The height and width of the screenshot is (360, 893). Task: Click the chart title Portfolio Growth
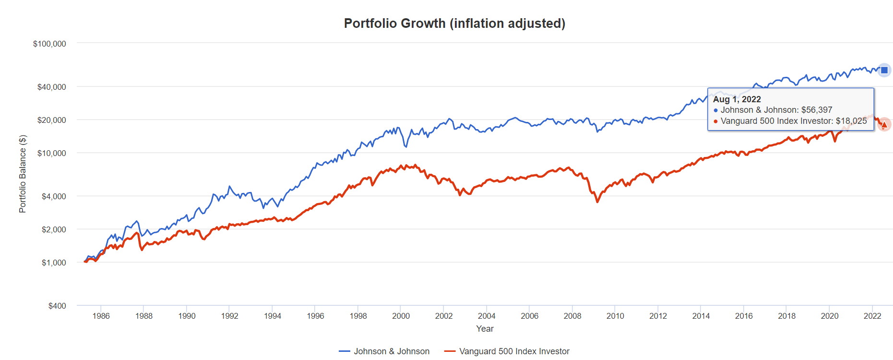(x=454, y=24)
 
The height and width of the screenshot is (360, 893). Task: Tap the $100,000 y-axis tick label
(x=49, y=44)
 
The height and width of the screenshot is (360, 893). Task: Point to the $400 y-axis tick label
(x=57, y=306)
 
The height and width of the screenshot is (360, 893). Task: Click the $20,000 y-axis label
(x=51, y=120)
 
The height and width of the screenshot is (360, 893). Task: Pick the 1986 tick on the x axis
(x=101, y=316)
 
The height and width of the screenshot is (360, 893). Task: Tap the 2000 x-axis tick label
(x=401, y=316)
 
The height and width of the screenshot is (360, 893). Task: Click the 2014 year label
(x=701, y=316)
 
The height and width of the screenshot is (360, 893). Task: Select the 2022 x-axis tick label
(x=872, y=316)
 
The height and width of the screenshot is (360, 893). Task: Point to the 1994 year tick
(x=272, y=316)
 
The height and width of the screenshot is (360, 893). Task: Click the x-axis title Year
(x=485, y=329)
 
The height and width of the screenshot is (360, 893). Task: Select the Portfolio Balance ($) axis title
(x=23, y=174)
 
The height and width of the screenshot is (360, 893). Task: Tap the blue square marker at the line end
(x=884, y=70)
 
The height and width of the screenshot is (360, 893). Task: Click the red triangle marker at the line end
(x=884, y=125)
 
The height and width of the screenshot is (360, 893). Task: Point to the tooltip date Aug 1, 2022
(x=737, y=99)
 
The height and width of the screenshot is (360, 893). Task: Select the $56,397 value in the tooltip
(x=817, y=110)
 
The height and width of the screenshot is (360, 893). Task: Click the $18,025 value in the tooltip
(x=851, y=121)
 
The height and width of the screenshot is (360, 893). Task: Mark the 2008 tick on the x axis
(x=572, y=316)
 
